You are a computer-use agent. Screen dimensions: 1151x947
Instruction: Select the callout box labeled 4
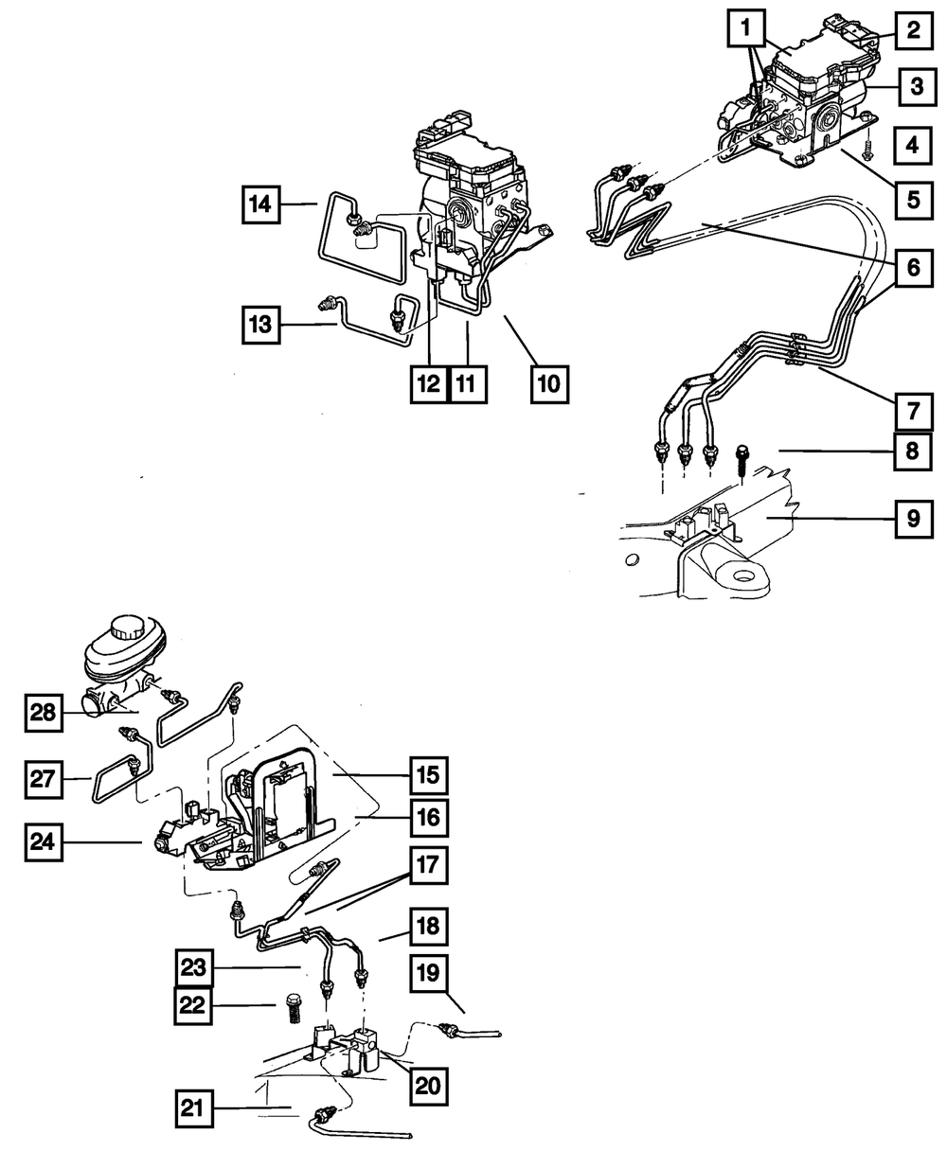click(912, 147)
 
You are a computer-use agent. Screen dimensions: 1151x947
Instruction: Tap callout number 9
click(912, 519)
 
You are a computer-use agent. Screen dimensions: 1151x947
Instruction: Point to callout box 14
click(260, 204)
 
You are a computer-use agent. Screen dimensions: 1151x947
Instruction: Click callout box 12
click(428, 383)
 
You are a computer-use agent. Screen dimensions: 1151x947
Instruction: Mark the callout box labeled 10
click(549, 383)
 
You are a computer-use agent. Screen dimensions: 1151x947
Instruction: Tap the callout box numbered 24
click(44, 841)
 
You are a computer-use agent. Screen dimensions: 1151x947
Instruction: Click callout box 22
click(193, 1005)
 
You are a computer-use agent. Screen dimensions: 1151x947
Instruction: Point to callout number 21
click(195, 1108)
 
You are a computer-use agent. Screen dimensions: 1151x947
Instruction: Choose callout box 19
click(428, 974)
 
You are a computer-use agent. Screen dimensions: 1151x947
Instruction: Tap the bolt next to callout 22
click(293, 1011)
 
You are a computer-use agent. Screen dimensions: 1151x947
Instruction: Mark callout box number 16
click(428, 816)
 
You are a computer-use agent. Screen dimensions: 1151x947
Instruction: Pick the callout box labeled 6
click(912, 268)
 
